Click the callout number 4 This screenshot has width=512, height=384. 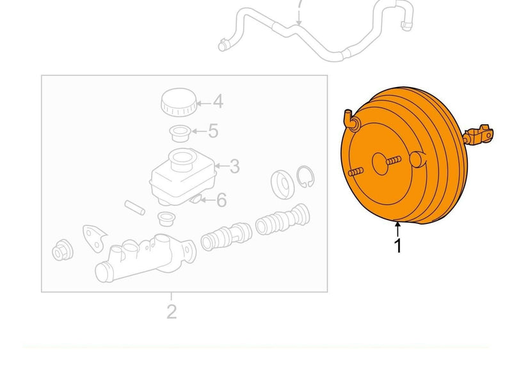[218, 102]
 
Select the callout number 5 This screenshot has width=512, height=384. [213, 131]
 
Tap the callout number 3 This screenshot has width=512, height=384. [234, 166]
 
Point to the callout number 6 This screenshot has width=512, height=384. [221, 200]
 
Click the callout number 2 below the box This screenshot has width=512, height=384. [172, 312]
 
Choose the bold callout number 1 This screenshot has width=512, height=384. [398, 246]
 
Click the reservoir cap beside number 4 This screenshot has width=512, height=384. [179, 102]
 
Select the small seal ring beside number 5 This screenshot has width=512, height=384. [179, 133]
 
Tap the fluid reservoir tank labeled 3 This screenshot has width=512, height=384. [183, 177]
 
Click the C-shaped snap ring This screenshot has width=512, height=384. [305, 177]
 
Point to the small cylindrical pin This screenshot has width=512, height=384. [134, 207]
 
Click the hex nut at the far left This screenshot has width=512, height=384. [62, 250]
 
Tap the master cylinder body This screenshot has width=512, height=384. [145, 258]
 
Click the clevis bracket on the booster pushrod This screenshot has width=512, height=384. [479, 134]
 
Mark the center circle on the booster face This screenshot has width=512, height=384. [381, 164]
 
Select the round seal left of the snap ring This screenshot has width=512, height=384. [282, 184]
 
